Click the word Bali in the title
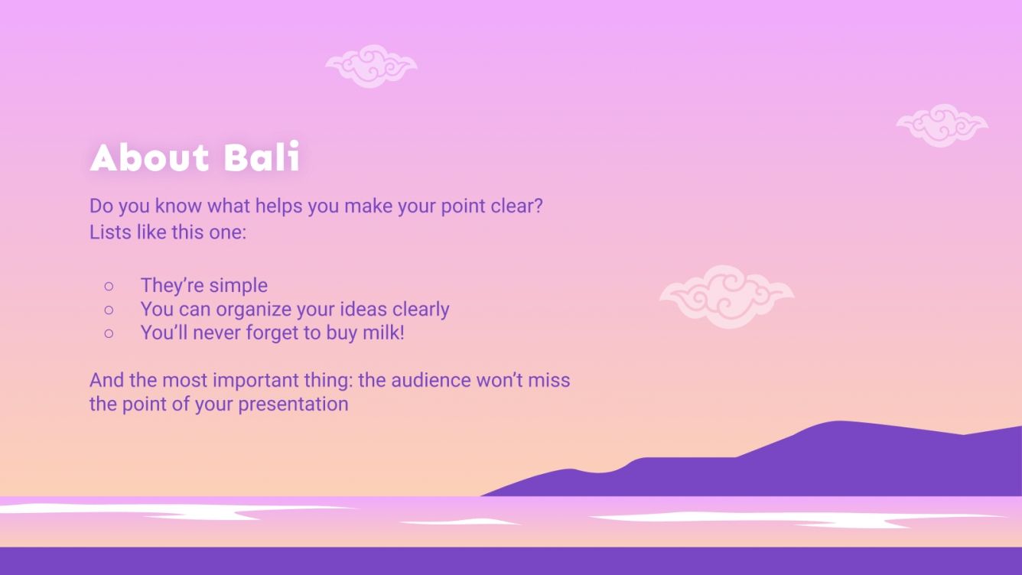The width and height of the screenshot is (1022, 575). (x=262, y=158)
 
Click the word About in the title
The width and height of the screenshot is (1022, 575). (x=150, y=158)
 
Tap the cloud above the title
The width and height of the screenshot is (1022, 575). (x=371, y=66)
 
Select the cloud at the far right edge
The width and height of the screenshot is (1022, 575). (x=942, y=125)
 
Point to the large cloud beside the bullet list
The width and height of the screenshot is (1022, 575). (x=727, y=296)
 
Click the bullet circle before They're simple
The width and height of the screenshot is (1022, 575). (x=109, y=286)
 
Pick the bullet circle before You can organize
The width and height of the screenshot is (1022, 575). (x=109, y=310)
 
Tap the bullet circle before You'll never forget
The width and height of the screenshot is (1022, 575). (x=109, y=333)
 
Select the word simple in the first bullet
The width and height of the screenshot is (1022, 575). (x=238, y=286)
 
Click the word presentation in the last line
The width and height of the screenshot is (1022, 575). (x=293, y=404)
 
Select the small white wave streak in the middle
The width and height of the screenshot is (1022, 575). (x=459, y=522)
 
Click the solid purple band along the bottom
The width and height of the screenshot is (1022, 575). (x=511, y=560)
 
